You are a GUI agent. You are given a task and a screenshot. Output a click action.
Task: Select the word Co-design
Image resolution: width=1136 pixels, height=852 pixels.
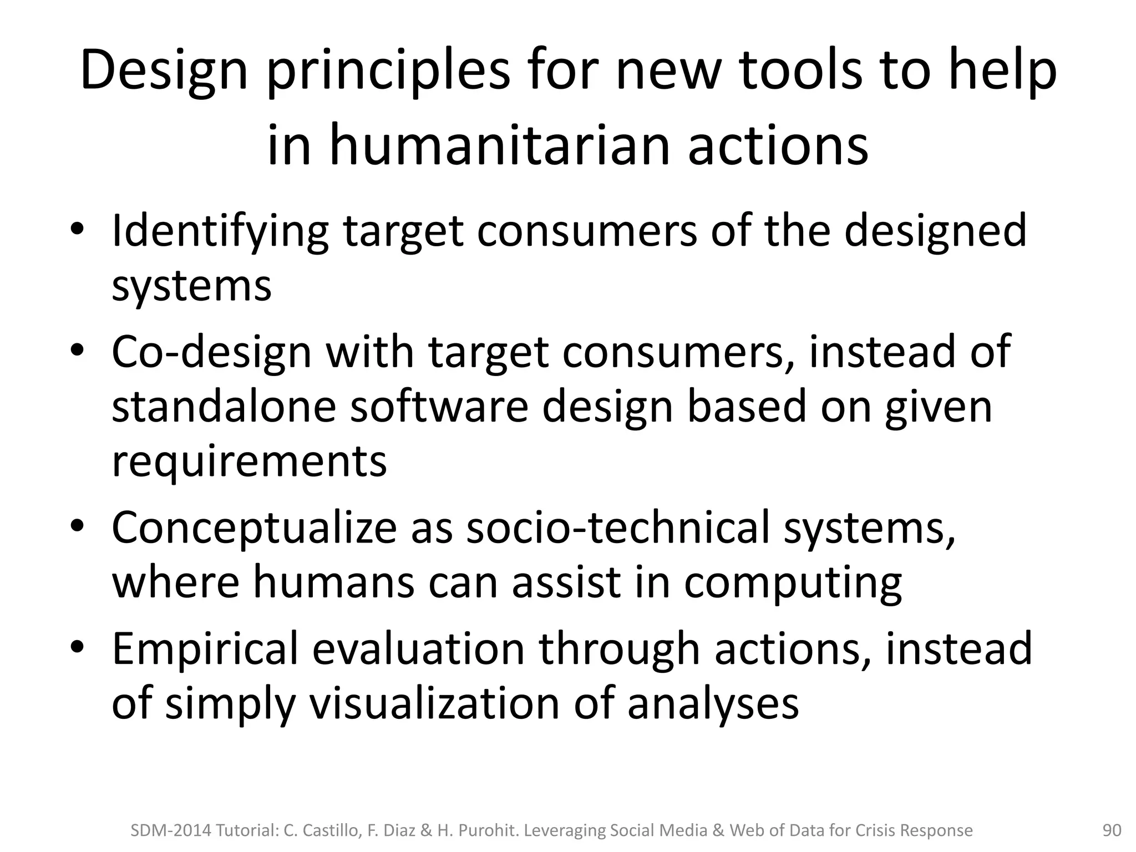point(211,353)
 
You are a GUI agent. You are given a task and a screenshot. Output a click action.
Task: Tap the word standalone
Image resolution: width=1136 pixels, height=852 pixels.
point(224,407)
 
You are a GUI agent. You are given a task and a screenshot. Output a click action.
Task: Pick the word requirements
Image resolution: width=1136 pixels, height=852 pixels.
point(249,462)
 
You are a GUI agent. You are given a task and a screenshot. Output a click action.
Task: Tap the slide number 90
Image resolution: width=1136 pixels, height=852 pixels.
point(1112,830)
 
